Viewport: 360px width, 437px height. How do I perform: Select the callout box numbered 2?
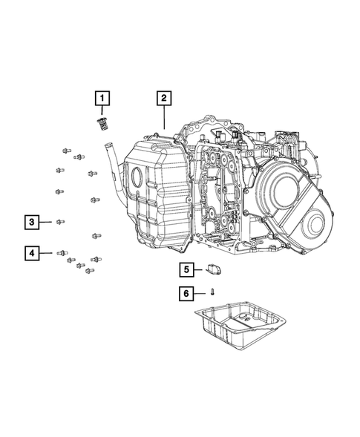point(163,97)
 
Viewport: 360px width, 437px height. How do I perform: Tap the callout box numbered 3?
point(31,221)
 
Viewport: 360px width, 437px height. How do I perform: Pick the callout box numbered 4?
point(31,254)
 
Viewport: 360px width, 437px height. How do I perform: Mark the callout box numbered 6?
point(188,294)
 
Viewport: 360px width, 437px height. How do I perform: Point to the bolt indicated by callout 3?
point(59,221)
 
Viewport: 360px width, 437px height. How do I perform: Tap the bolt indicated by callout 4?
point(62,254)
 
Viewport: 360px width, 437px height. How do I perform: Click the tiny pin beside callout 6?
point(212,293)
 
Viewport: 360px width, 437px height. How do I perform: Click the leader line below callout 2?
point(163,119)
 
